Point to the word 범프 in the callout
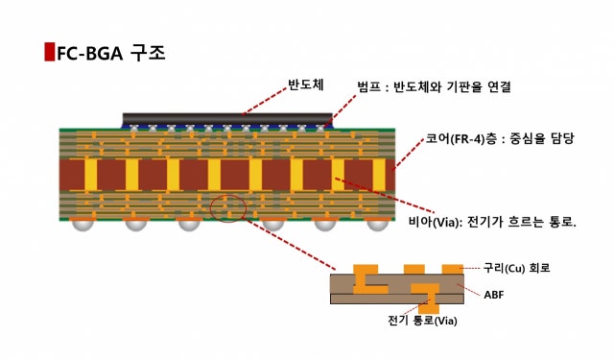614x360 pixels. coord(367,87)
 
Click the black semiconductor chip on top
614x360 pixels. coord(227,119)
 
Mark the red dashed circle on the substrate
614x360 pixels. coord(227,206)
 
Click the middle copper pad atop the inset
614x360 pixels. coord(414,268)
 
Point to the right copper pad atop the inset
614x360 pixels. coord(451,267)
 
